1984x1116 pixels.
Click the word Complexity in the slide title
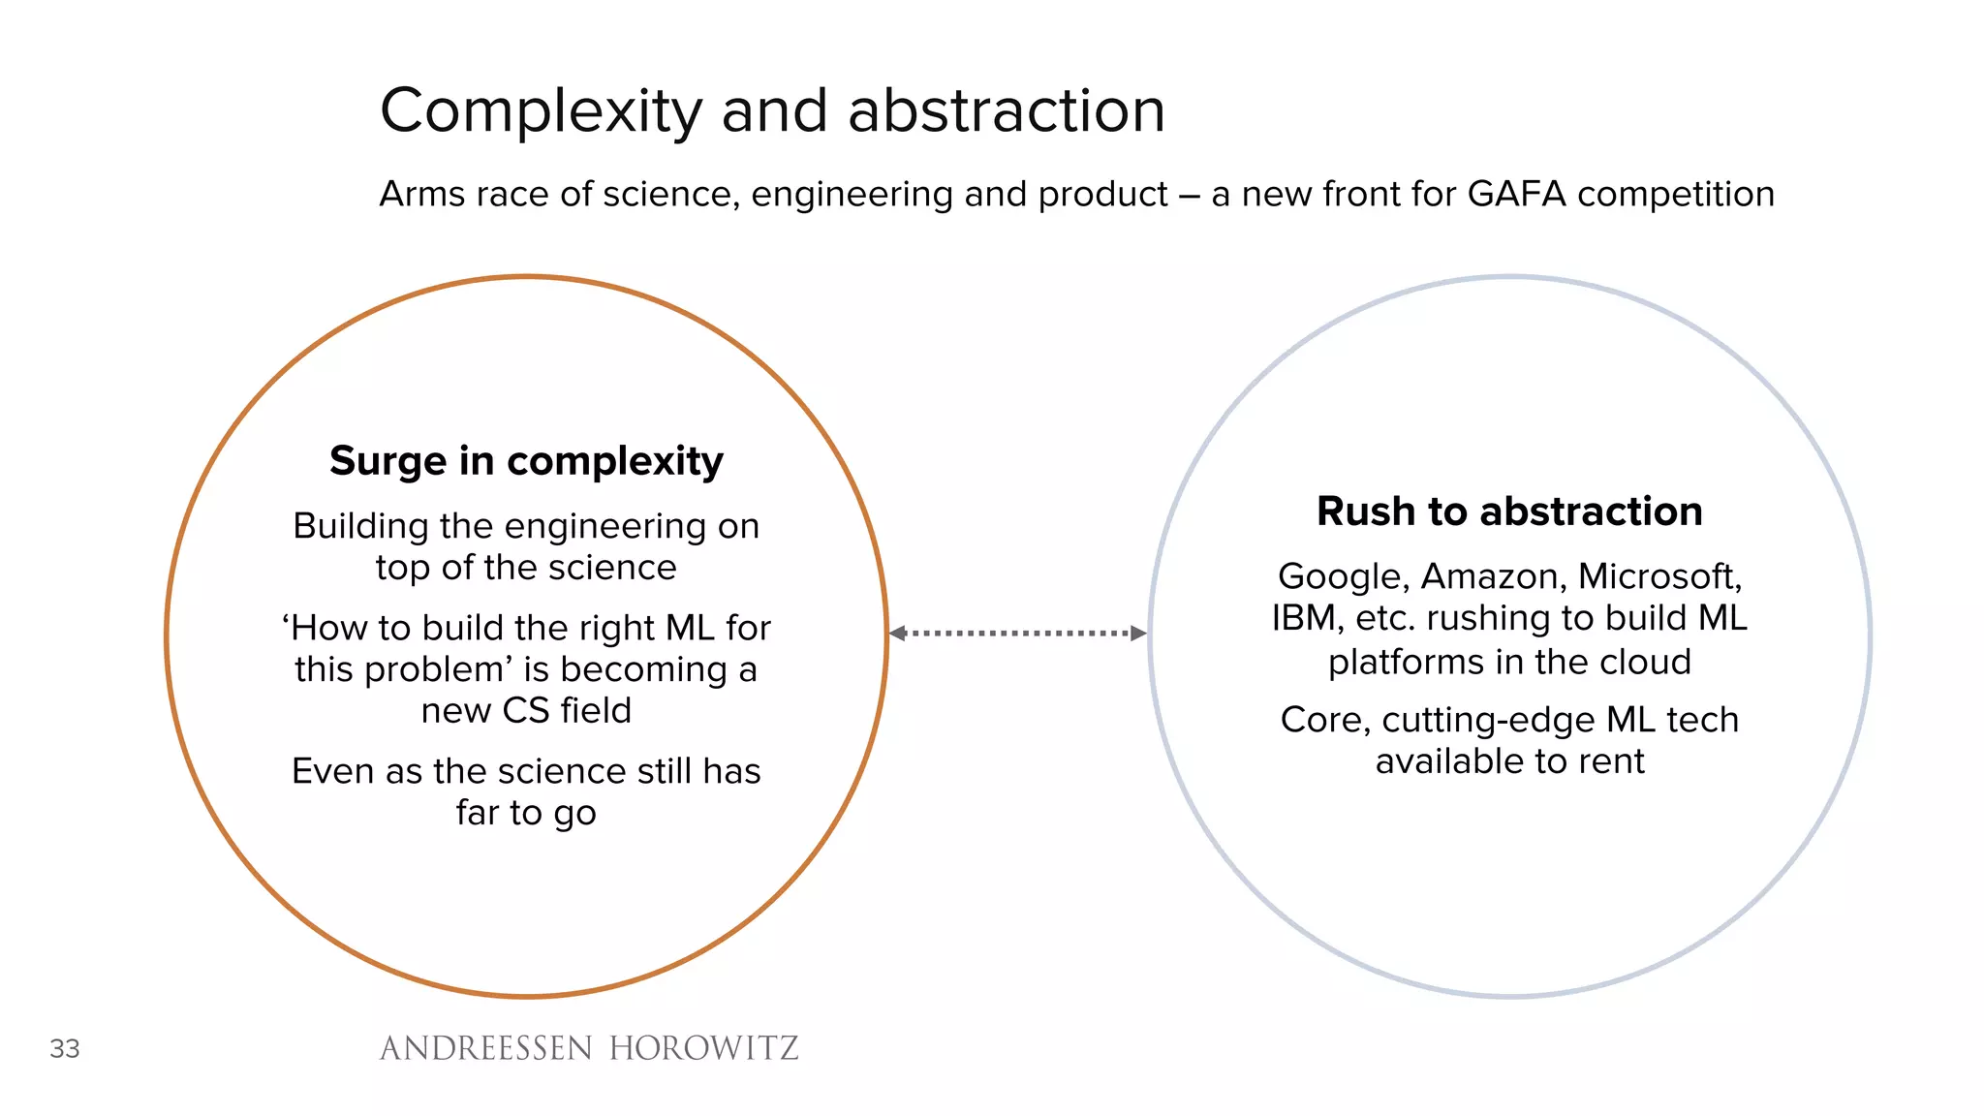[541, 111]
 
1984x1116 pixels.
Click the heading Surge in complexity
[526, 461]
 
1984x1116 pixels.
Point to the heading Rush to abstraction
[1509, 511]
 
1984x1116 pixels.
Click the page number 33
[65, 1048]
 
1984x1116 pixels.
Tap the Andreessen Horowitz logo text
[589, 1048]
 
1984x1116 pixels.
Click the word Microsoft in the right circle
[1659, 577]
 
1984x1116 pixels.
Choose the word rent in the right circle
[1612, 762]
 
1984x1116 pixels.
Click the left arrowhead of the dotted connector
[897, 634]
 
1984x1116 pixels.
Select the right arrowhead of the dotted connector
[1139, 634]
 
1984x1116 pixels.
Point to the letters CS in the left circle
[525, 711]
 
